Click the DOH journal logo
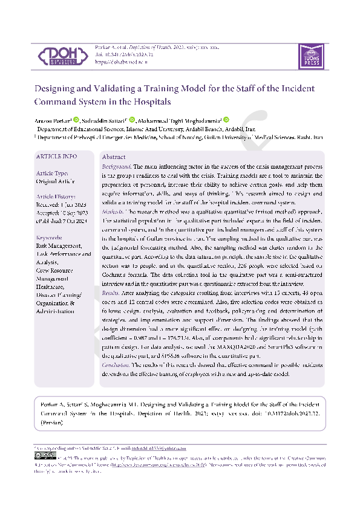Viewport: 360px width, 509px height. pyautogui.click(x=61, y=56)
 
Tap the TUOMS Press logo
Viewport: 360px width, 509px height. pyautogui.click(x=308, y=55)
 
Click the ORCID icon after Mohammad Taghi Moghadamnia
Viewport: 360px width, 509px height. pyautogui.click(x=226, y=120)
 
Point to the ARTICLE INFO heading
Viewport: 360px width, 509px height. pyautogui.click(x=57, y=156)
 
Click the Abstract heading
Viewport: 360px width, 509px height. pyautogui.click(x=114, y=157)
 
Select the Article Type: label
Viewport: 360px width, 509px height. pyautogui.click(x=53, y=173)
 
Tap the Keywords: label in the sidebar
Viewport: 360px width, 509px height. pyautogui.click(x=50, y=238)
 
